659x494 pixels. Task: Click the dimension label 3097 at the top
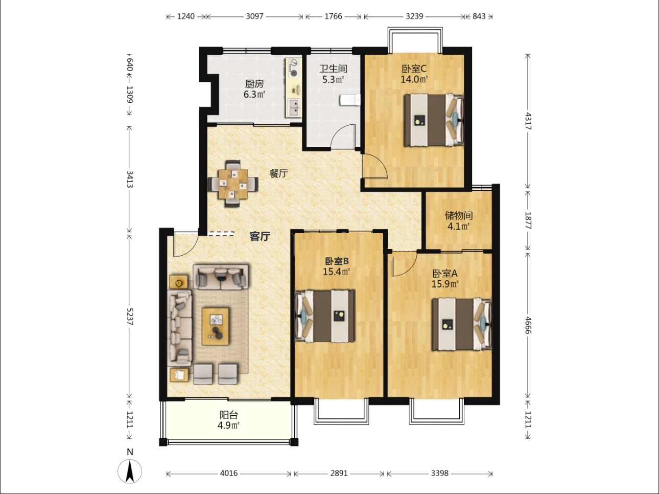pyautogui.click(x=254, y=16)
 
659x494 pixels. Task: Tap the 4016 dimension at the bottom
pyautogui.click(x=228, y=474)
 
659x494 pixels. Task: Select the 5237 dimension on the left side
pyautogui.click(x=130, y=317)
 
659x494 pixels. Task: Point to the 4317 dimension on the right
pyautogui.click(x=528, y=121)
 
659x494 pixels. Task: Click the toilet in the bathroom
pyautogui.click(x=350, y=100)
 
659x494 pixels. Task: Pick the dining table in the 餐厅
pyautogui.click(x=233, y=184)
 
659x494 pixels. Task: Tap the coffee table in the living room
pyautogui.click(x=215, y=326)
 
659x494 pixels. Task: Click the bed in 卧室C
pyautogui.click(x=434, y=120)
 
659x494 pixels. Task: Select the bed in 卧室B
pyautogui.click(x=325, y=316)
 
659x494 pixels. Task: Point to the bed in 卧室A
pyautogui.click(x=462, y=324)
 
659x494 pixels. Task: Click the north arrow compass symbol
pyautogui.click(x=130, y=471)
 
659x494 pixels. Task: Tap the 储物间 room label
pyautogui.click(x=458, y=215)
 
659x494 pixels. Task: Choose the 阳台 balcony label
pyautogui.click(x=228, y=415)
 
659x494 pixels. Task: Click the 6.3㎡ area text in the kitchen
pyautogui.click(x=254, y=95)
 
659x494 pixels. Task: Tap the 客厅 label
pyautogui.click(x=260, y=237)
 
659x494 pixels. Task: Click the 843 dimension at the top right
pyautogui.click(x=479, y=16)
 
